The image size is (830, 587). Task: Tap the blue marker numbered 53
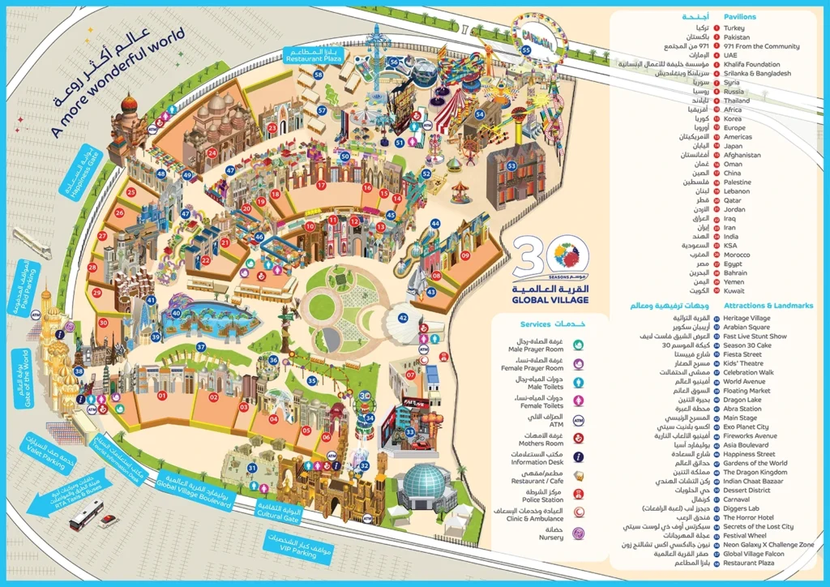[511, 165]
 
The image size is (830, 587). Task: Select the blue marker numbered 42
[403, 318]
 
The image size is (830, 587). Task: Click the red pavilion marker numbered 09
[465, 256]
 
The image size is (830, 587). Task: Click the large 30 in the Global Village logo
[535, 258]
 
